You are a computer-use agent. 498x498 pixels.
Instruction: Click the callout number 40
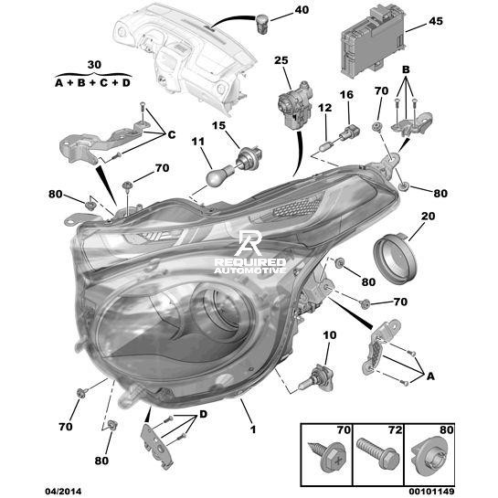tap(302, 10)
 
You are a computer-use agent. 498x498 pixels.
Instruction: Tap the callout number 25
tap(281, 60)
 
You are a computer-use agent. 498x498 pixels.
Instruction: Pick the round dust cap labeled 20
tap(395, 258)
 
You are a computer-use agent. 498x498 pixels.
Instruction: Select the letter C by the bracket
tap(172, 135)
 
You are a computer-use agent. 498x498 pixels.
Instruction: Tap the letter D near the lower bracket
tap(203, 414)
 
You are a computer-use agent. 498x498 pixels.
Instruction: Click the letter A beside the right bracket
tap(430, 376)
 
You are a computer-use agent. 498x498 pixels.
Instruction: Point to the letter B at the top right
tap(406, 69)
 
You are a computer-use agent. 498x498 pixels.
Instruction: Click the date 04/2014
tap(63, 492)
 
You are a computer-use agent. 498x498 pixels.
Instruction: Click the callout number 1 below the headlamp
tap(253, 429)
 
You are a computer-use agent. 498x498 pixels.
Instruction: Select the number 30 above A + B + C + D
tap(94, 65)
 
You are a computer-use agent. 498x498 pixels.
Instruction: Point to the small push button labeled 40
tap(262, 24)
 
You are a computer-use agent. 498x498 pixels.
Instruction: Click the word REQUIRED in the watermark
tap(250, 262)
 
